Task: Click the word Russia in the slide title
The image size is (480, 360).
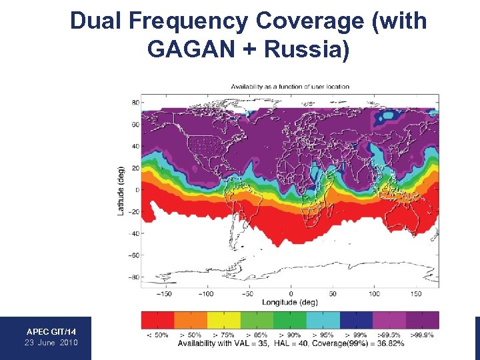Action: pos(306,49)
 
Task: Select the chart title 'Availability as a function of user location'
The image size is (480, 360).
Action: pos(290,87)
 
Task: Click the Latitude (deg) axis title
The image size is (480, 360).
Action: pos(121,190)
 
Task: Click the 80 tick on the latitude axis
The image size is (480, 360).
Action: pos(135,103)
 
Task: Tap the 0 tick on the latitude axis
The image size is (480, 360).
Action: pos(136,190)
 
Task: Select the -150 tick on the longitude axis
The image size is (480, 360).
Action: pos(164,293)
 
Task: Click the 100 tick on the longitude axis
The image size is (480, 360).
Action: pos(374,293)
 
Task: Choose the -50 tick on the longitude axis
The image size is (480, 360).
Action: pos(248,293)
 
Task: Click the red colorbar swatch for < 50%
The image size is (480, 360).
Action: pos(158,320)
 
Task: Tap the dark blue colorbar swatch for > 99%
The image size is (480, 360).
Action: pos(355,320)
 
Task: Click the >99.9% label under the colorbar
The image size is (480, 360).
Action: pos(423,334)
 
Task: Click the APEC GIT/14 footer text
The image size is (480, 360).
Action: pos(51,331)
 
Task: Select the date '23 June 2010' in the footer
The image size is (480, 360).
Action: pos(51,343)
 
